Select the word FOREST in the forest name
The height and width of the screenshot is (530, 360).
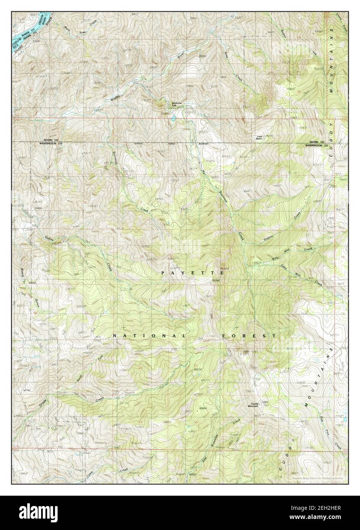tap(249, 336)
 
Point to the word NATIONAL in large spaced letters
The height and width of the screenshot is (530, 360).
tap(149, 336)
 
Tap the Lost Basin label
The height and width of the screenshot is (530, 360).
tap(260, 138)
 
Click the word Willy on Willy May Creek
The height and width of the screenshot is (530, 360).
tap(277, 258)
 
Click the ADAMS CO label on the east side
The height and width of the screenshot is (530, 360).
tap(317, 141)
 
